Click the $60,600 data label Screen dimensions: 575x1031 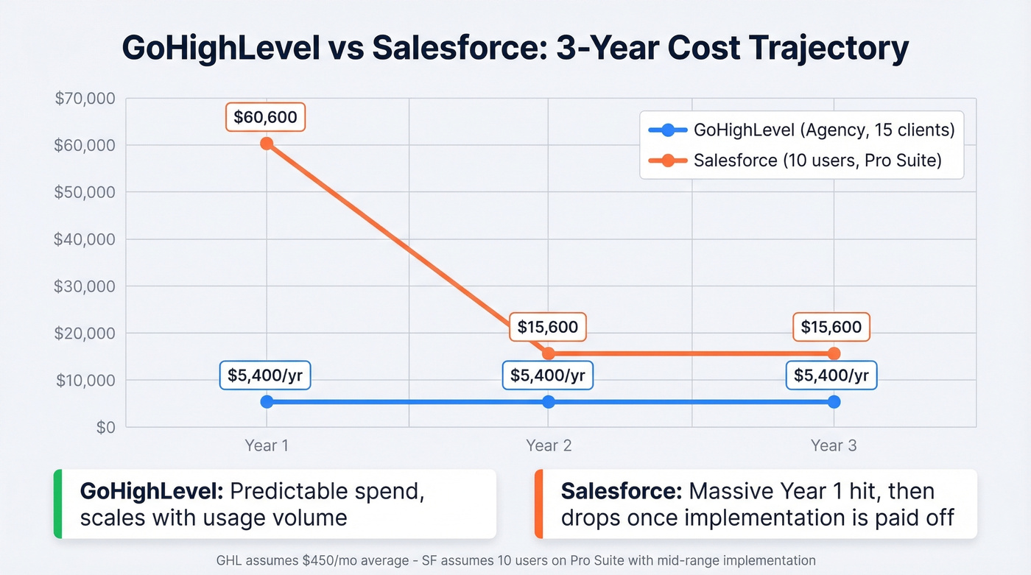[x=265, y=117]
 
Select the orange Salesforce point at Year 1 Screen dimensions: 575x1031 [x=267, y=144]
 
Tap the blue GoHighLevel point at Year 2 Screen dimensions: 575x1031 [x=549, y=402]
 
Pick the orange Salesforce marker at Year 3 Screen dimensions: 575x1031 [x=834, y=353]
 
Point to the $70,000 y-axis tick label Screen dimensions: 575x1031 [x=85, y=98]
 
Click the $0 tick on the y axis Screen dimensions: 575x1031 [x=106, y=428]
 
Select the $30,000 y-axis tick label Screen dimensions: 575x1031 [x=85, y=286]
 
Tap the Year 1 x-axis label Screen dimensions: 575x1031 [x=267, y=445]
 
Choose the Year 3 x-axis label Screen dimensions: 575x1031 [x=834, y=445]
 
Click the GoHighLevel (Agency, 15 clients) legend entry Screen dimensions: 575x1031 [x=801, y=130]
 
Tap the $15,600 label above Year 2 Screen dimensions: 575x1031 [x=548, y=327]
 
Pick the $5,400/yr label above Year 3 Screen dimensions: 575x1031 [x=831, y=375]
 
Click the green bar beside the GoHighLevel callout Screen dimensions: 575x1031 [x=57, y=504]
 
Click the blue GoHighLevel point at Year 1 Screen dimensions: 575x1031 [x=267, y=402]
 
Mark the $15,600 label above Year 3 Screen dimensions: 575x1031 [x=831, y=327]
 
